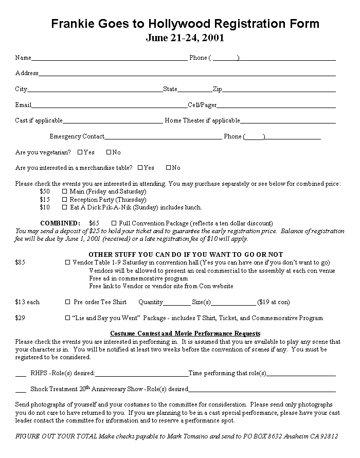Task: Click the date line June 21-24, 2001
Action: (185, 38)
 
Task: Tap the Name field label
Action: (23, 58)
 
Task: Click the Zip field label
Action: (217, 89)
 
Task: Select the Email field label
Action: (23, 105)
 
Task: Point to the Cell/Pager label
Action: (202, 105)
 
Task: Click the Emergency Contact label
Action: (77, 136)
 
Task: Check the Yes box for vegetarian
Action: (80, 152)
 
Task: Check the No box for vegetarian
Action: (109, 152)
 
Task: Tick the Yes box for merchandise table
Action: (140, 168)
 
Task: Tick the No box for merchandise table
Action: (168, 168)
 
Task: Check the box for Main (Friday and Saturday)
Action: (65, 191)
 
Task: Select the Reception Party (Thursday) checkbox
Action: (65, 200)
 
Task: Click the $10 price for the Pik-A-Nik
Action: (45, 207)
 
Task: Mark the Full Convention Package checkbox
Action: (114, 223)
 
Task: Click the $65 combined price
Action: (94, 223)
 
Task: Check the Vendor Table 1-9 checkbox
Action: (67, 262)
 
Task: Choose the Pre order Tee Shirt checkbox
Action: (67, 302)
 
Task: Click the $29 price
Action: (20, 318)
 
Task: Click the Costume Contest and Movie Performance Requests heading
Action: (185, 333)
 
